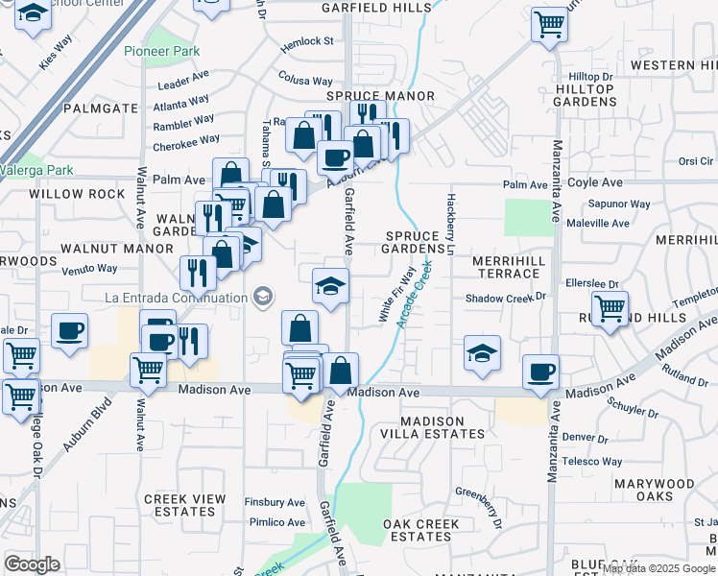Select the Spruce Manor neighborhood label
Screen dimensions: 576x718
380,97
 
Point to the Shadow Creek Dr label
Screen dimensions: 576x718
505,299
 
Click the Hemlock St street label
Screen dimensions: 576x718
306,42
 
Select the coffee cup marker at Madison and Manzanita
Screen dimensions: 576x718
540,372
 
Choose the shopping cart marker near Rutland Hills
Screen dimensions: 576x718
610,310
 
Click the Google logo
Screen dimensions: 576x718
33,564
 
